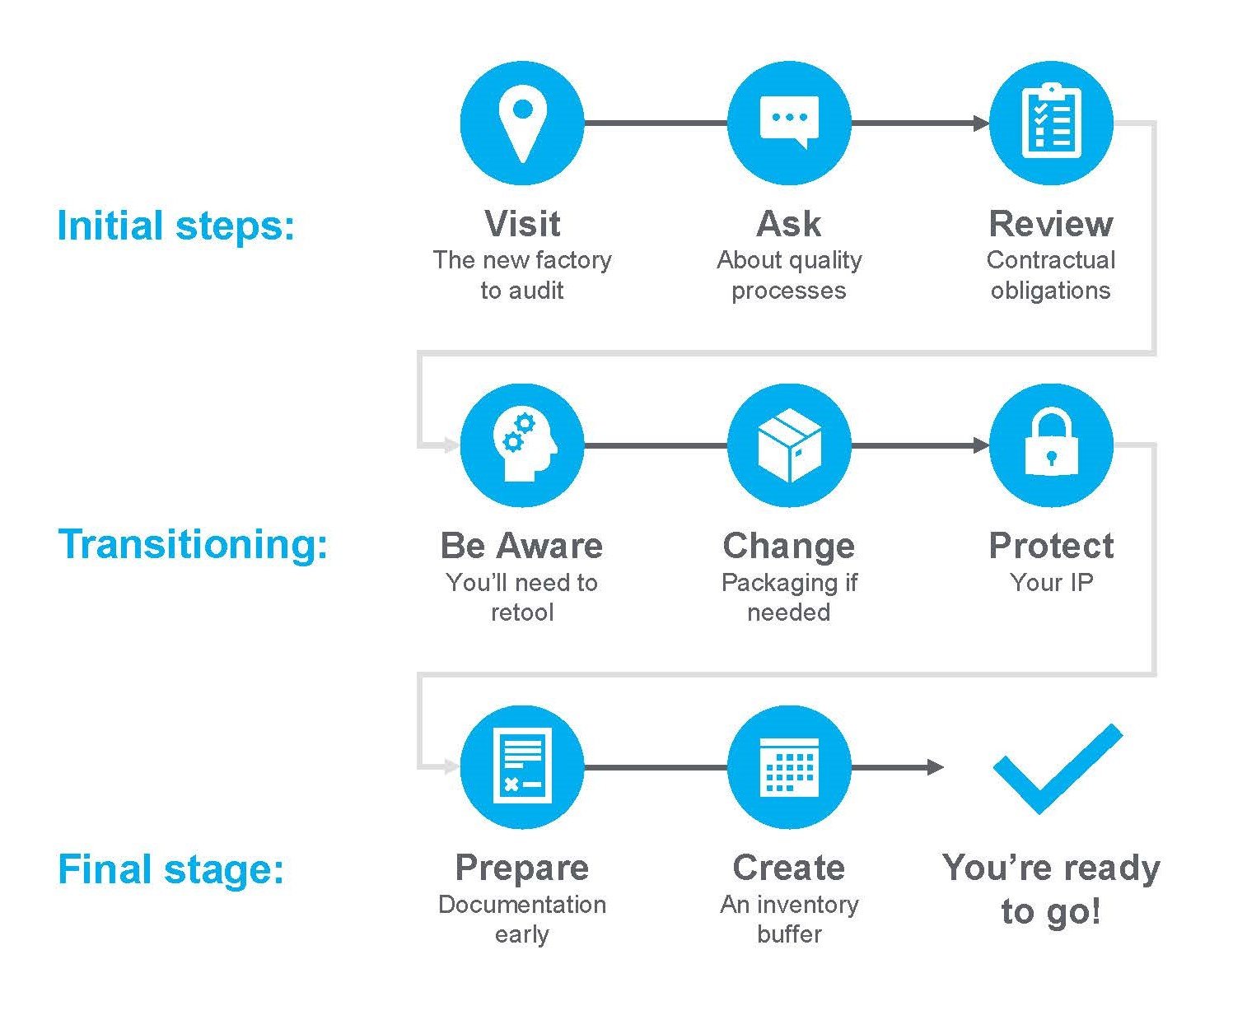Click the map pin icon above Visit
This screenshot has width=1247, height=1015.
(x=522, y=123)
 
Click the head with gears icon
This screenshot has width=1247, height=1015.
(x=522, y=445)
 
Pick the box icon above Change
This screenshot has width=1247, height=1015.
(x=789, y=445)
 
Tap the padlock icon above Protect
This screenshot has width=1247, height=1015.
(x=1050, y=445)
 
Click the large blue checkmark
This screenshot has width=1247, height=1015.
(x=1057, y=769)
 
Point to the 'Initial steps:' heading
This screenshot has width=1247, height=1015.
(x=175, y=226)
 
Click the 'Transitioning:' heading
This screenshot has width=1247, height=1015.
(x=193, y=544)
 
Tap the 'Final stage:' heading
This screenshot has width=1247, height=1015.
(x=170, y=869)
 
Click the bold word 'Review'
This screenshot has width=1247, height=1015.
(x=1050, y=224)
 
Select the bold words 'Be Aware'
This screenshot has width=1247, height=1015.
(x=521, y=546)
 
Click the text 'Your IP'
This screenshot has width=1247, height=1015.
(x=1051, y=582)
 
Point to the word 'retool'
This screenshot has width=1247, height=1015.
(x=522, y=612)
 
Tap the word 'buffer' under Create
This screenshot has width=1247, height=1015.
(x=789, y=934)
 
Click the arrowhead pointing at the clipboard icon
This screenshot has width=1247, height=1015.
(x=981, y=123)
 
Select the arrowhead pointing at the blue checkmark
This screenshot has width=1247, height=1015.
(x=935, y=767)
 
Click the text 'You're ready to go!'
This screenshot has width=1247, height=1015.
(x=1051, y=889)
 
